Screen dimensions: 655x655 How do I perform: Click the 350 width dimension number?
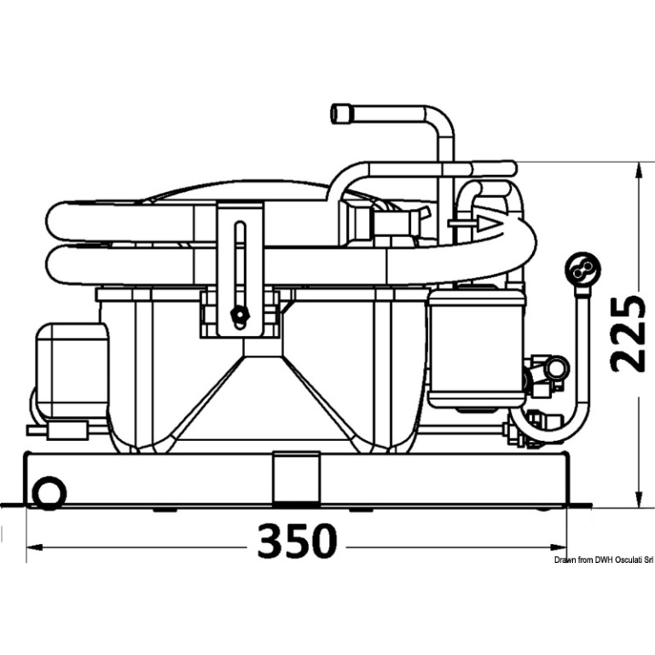point(297,541)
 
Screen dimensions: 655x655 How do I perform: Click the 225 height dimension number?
point(625,333)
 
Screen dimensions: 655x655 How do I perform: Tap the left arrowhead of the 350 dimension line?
point(34,548)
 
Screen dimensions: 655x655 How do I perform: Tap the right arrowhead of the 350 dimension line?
point(558,547)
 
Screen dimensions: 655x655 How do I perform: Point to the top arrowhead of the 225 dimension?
point(638,171)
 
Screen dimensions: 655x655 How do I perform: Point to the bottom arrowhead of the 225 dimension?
point(638,499)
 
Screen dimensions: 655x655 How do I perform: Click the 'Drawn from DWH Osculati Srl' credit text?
point(604,560)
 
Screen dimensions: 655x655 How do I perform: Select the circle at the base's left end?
point(49,493)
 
